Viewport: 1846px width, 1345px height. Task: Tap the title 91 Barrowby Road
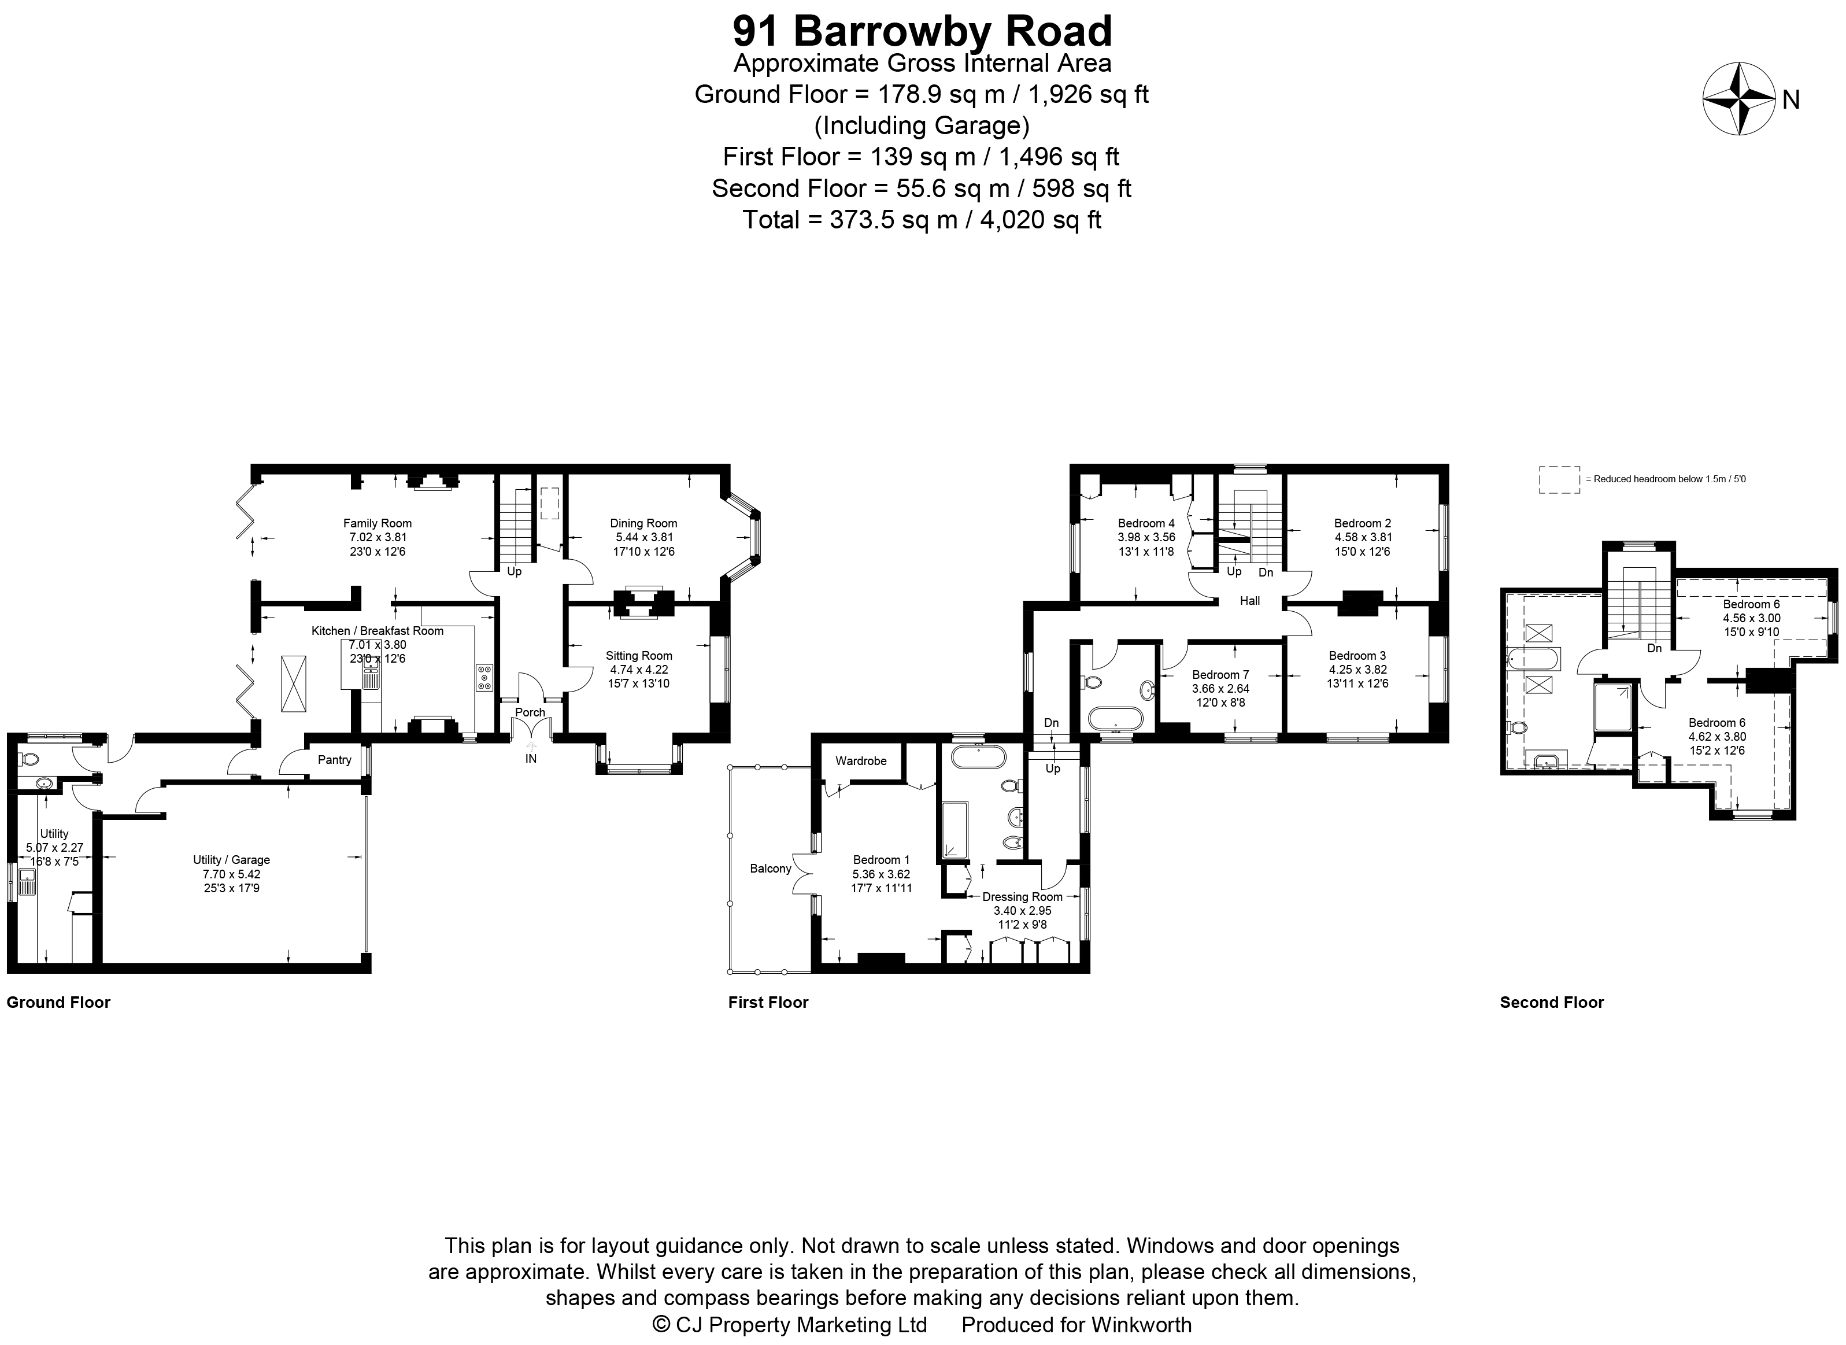[922, 32]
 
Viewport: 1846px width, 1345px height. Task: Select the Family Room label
[377, 523]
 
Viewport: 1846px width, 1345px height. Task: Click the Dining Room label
[643, 523]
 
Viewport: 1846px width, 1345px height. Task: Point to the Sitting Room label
[638, 655]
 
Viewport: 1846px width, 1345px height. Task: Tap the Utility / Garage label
[231, 860]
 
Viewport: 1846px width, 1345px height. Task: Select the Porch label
[530, 712]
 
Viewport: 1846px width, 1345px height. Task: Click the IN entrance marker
[531, 759]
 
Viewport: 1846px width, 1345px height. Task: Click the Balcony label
[770, 869]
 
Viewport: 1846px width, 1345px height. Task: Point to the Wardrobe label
[860, 760]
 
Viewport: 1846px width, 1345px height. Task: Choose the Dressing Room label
[1022, 896]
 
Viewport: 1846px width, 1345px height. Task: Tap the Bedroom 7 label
[1220, 675]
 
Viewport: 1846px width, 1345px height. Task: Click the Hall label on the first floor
[1249, 601]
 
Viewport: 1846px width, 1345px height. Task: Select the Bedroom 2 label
[1363, 523]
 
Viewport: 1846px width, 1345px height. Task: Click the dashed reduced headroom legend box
[1559, 479]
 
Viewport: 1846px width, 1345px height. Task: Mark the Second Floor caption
[1551, 1002]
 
